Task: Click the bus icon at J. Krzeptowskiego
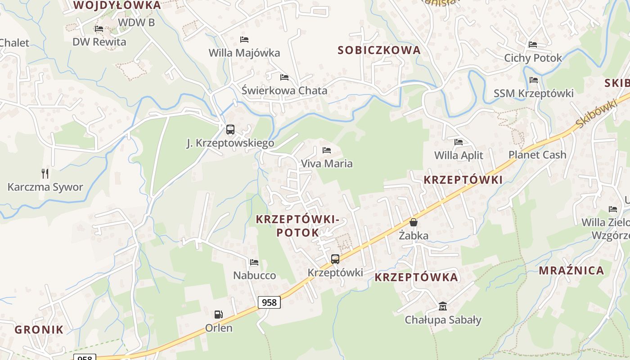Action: pyautogui.click(x=230, y=130)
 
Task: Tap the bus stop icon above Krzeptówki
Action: pyautogui.click(x=335, y=259)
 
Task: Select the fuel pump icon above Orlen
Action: pyautogui.click(x=219, y=314)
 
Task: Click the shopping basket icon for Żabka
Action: pyautogui.click(x=413, y=222)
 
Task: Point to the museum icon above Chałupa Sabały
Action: pyautogui.click(x=443, y=306)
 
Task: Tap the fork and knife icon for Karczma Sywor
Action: pyautogui.click(x=45, y=174)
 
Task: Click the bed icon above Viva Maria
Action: pyautogui.click(x=327, y=150)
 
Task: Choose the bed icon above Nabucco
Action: pyautogui.click(x=254, y=262)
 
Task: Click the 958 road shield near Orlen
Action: pyautogui.click(x=269, y=302)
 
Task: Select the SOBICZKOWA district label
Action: pyautogui.click(x=379, y=50)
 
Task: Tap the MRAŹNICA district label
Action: pyautogui.click(x=571, y=270)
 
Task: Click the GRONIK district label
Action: pyautogui.click(x=39, y=329)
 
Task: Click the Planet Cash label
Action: pyautogui.click(x=537, y=155)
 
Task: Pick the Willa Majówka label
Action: pyautogui.click(x=244, y=53)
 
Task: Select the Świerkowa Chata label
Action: pyautogui.click(x=284, y=90)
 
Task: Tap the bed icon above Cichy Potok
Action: pyautogui.click(x=533, y=45)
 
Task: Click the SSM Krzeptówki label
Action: pyautogui.click(x=534, y=93)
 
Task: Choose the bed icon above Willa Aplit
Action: pyautogui.click(x=459, y=142)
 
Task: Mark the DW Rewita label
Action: pyautogui.click(x=99, y=42)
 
